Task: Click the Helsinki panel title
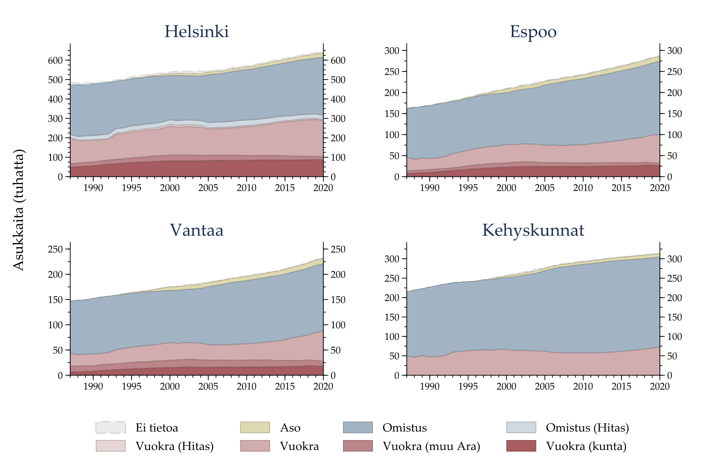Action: click(x=196, y=31)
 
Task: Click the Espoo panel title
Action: click(x=533, y=31)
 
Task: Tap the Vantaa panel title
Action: click(x=196, y=230)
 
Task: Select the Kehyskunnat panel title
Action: click(x=533, y=230)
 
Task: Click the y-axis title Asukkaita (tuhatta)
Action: click(x=19, y=210)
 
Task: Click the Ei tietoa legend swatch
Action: click(x=111, y=427)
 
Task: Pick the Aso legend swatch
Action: click(x=255, y=427)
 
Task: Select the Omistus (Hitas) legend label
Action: click(x=587, y=428)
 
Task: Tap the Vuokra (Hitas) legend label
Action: click(x=174, y=446)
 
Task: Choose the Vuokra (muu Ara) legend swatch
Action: click(x=358, y=446)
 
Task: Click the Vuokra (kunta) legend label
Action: click(x=586, y=446)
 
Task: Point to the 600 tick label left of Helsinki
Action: click(x=55, y=60)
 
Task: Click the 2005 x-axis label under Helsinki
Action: click(x=208, y=188)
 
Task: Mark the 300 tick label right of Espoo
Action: click(x=674, y=51)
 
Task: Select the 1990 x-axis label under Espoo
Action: click(x=430, y=188)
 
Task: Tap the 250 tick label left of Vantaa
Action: click(x=55, y=249)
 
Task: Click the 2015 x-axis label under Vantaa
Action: click(x=285, y=387)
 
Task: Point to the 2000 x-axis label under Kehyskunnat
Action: click(x=506, y=387)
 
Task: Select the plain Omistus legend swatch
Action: click(x=358, y=427)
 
